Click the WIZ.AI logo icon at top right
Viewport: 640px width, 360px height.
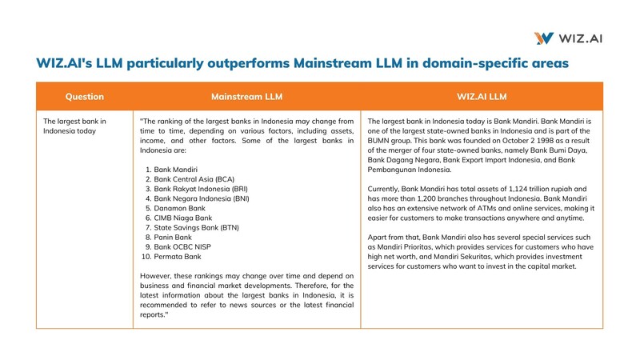tap(544, 38)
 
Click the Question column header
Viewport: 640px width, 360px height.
tap(84, 97)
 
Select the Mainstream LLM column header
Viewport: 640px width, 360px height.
tap(246, 97)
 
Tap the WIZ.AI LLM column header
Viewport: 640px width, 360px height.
tap(482, 97)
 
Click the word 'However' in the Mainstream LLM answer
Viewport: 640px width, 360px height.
tap(155, 276)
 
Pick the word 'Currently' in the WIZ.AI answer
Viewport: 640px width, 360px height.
tap(385, 189)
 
